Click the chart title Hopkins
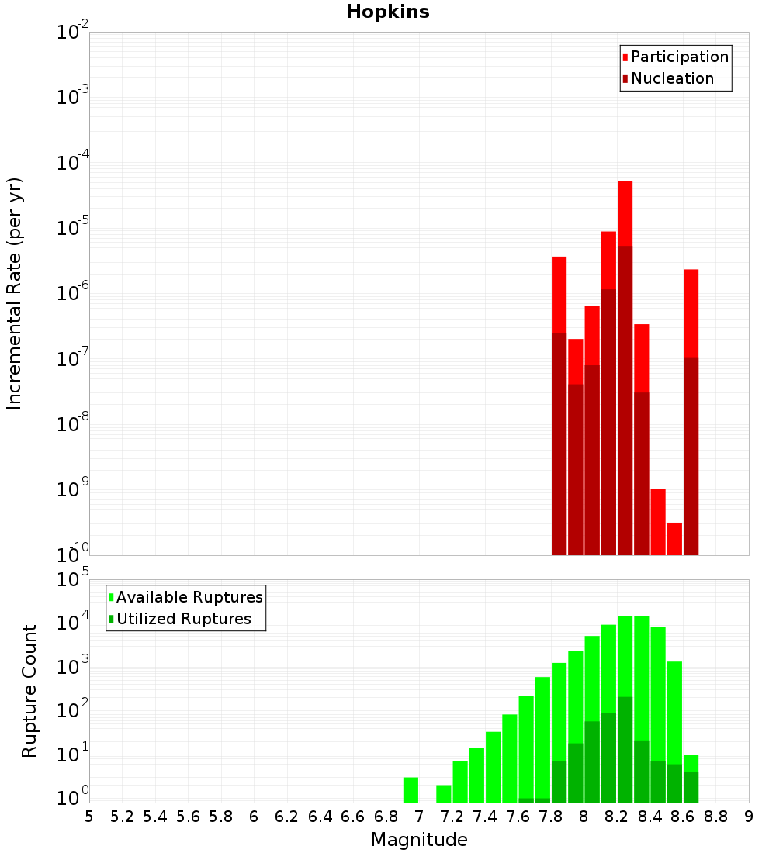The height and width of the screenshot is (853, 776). (x=387, y=12)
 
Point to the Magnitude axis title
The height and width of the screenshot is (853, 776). (x=419, y=840)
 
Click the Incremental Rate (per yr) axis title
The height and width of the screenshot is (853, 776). (x=15, y=293)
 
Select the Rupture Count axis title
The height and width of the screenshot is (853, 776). (x=29, y=690)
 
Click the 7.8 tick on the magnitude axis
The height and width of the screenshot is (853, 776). (x=551, y=816)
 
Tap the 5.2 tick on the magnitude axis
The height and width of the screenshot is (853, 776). (x=123, y=816)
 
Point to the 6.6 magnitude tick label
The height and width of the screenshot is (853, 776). (x=353, y=816)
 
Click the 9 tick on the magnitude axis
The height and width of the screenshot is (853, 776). (x=749, y=816)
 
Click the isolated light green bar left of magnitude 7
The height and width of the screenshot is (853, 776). (x=411, y=789)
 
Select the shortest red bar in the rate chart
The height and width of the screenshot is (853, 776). (x=674, y=539)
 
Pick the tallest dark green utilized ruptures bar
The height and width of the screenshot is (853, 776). (x=625, y=748)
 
